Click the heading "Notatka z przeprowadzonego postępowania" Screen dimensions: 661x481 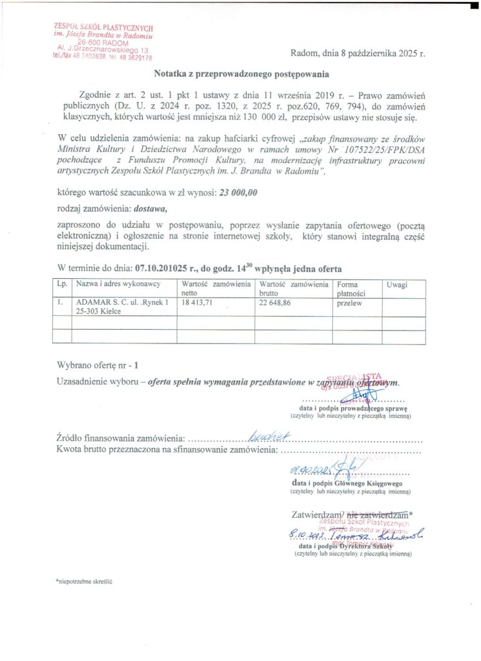[241, 74]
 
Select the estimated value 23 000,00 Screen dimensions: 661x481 [238, 192]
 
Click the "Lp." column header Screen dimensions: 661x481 [63, 285]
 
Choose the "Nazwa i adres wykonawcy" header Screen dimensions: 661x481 [118, 285]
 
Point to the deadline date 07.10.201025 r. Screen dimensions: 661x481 [170, 268]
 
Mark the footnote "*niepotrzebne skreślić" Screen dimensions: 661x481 [85, 581]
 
